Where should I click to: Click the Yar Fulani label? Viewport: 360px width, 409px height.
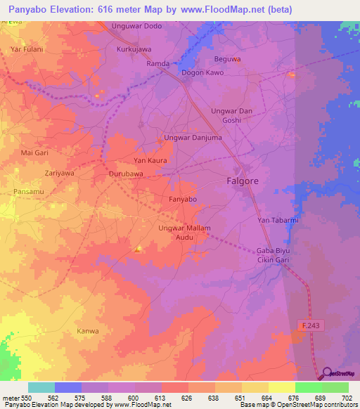coord(27,49)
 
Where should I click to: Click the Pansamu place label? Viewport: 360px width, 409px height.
coord(27,190)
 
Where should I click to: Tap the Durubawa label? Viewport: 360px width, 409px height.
coord(127,174)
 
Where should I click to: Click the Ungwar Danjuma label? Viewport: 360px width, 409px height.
coord(193,138)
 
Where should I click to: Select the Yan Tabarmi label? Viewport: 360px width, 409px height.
coord(278,220)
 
